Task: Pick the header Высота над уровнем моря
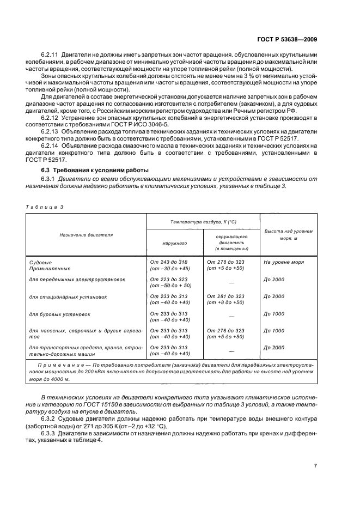coord(288,234)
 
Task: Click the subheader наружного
coord(174,244)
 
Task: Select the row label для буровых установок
coord(59,314)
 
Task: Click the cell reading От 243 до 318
coord(168,262)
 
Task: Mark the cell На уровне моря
coord(283,262)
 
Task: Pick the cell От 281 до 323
coord(225,296)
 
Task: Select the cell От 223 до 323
coord(168,279)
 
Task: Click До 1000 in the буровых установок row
coord(274,314)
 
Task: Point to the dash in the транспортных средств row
coord(231,351)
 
